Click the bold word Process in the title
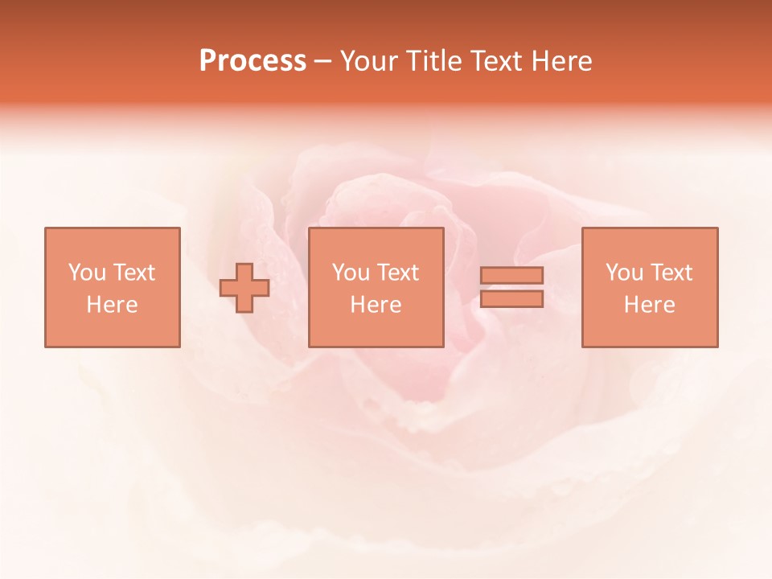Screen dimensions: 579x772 [x=253, y=61]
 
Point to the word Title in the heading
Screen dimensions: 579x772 [x=433, y=61]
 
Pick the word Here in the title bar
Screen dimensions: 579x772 [x=562, y=61]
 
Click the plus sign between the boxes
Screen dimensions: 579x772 [x=244, y=288]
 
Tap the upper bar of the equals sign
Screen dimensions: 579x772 [x=511, y=276]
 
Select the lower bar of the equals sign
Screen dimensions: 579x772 [x=511, y=298]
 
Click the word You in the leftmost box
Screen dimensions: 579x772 [x=86, y=273]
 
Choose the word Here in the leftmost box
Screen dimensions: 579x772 [x=112, y=305]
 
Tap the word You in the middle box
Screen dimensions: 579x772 [x=350, y=273]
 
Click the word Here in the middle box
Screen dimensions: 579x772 [x=376, y=305]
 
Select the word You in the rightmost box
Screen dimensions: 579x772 [x=623, y=273]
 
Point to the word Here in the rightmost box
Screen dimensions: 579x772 [x=649, y=305]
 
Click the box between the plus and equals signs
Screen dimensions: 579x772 [x=376, y=330]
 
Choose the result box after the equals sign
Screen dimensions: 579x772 [x=649, y=330]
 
